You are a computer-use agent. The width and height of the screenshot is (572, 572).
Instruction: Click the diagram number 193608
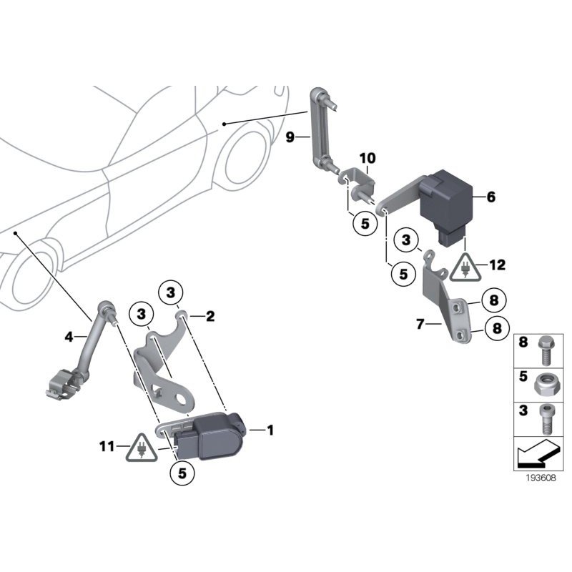click(x=535, y=480)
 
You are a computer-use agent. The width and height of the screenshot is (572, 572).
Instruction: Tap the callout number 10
click(x=367, y=157)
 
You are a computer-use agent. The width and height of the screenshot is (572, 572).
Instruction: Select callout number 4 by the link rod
click(x=69, y=335)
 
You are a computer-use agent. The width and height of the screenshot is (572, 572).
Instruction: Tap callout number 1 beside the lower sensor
click(x=270, y=430)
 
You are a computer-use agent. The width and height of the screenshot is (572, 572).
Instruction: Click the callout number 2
click(x=211, y=315)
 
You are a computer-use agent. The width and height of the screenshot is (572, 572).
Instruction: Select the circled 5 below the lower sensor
click(x=182, y=473)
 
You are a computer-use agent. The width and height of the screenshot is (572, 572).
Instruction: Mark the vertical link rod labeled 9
click(x=317, y=129)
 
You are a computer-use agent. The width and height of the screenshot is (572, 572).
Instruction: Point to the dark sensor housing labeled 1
click(x=214, y=435)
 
